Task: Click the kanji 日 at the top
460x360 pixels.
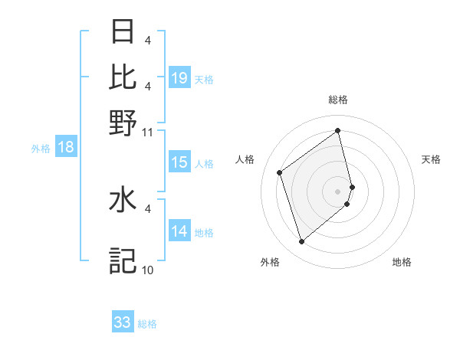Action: (x=123, y=32)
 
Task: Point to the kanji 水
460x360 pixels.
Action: (x=123, y=201)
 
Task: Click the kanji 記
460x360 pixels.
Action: (x=123, y=260)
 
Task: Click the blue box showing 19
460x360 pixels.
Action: (x=179, y=77)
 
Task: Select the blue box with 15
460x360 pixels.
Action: (x=179, y=162)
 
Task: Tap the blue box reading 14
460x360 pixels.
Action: (x=179, y=231)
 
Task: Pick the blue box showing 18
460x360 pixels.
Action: (x=66, y=147)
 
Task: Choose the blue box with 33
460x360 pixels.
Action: (x=123, y=322)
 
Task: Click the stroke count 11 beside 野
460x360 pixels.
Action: (x=148, y=132)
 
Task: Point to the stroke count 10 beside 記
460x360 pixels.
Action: (x=148, y=270)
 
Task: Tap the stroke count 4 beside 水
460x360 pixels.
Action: (x=148, y=207)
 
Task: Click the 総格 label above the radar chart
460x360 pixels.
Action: (x=338, y=100)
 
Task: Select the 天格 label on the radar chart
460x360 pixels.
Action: (x=431, y=159)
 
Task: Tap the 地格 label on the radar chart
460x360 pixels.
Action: (x=402, y=262)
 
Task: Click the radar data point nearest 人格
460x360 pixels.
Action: (x=280, y=172)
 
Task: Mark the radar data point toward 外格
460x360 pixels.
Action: (x=301, y=242)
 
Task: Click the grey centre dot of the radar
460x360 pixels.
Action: (x=338, y=190)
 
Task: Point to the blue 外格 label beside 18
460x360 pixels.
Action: (x=40, y=149)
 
